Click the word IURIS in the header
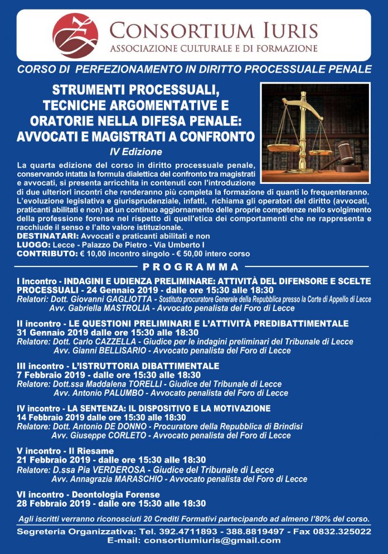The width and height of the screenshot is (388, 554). tap(285, 30)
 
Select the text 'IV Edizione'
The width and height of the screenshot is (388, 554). tap(136, 152)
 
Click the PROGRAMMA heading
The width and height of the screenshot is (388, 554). tap(191, 266)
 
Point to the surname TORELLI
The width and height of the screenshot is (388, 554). tap(145, 384)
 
